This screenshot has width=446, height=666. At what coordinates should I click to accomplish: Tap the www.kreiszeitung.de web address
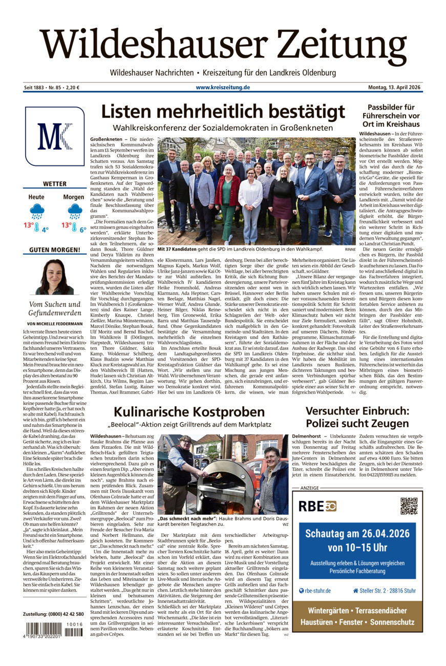point(223,88)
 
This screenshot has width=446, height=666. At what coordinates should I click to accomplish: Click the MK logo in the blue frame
point(54,136)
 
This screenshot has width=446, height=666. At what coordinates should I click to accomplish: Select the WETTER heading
point(54,184)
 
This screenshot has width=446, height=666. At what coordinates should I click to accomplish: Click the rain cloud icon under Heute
point(37,210)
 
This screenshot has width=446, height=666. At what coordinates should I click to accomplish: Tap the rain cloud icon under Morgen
point(74,210)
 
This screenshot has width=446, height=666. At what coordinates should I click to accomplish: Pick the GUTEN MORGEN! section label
point(54,250)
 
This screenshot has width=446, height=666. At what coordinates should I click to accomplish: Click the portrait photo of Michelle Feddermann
point(54,277)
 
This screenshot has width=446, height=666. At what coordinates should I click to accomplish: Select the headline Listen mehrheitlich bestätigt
point(223,112)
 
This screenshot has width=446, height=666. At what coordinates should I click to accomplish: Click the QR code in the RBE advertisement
point(409,506)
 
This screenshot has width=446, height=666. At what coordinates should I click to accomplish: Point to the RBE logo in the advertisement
point(317,506)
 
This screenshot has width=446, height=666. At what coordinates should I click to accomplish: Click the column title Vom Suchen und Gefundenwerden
point(54,308)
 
